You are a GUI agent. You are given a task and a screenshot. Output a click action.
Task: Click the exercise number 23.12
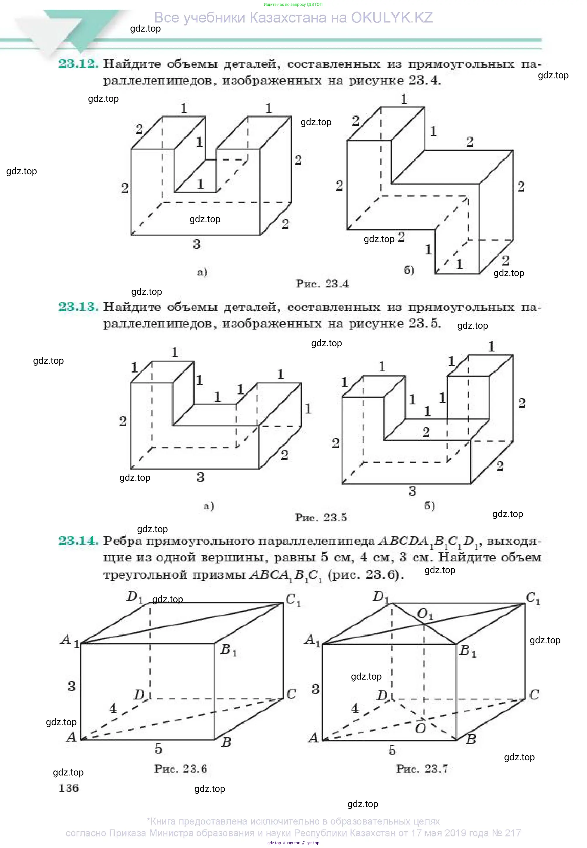coord(78,64)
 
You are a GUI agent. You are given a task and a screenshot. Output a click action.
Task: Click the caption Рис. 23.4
coord(322,283)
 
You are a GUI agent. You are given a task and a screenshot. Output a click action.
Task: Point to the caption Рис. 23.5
coord(321,518)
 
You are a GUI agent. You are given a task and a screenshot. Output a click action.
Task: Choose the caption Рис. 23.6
coord(181,768)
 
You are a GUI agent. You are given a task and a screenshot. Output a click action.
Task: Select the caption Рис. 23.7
coord(422,768)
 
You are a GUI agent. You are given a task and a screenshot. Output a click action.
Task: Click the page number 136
coord(68,788)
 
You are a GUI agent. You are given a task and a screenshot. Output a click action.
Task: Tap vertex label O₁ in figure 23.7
coord(425,613)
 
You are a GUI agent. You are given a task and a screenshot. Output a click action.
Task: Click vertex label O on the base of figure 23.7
coord(420,728)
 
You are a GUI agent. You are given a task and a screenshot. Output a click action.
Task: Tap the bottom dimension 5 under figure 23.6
coord(158,748)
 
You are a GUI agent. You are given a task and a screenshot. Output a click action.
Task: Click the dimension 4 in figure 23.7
coord(354,708)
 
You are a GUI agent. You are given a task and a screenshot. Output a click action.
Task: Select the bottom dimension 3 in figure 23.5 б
coord(412,491)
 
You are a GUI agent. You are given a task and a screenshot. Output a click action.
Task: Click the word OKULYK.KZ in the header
coord(392,18)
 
